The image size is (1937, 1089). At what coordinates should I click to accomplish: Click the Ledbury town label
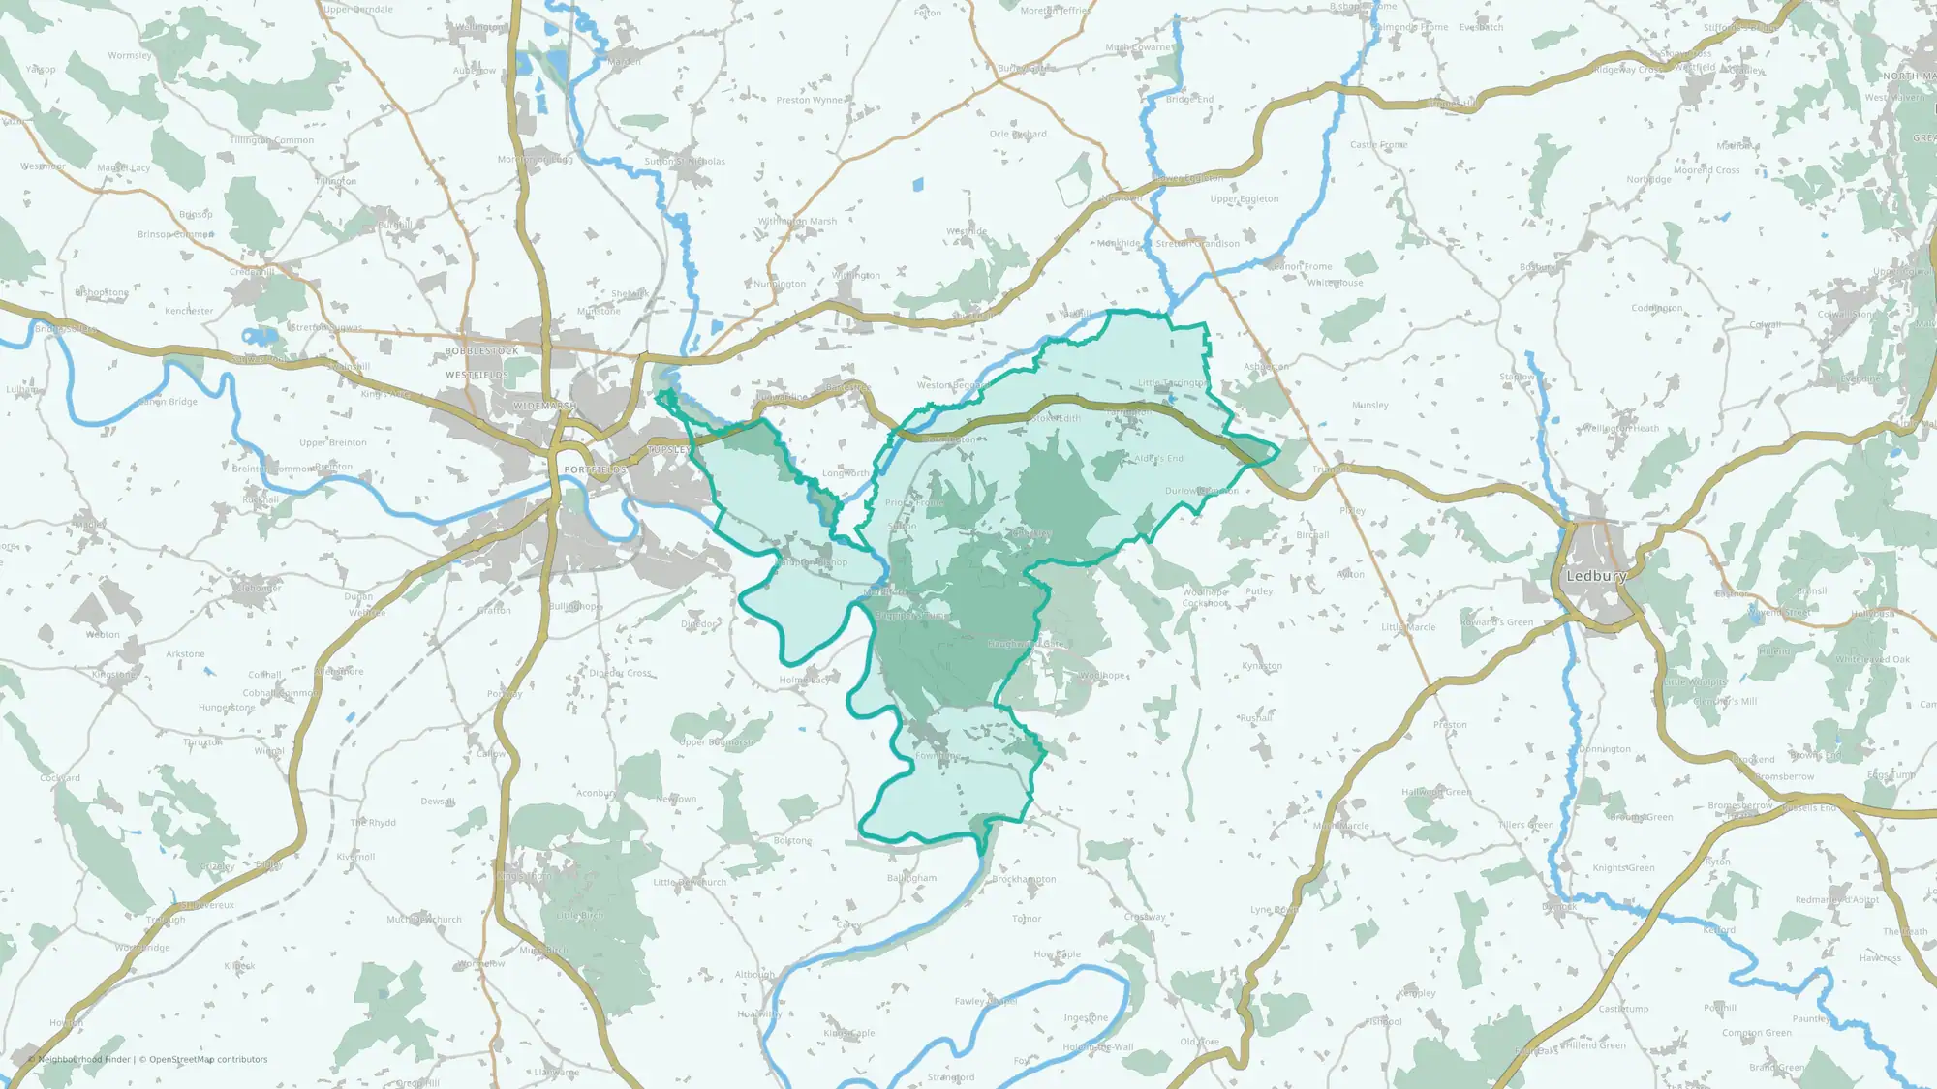point(1596,576)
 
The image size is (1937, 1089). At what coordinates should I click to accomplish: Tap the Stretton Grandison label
point(1197,244)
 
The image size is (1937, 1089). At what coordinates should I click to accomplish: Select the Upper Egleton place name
point(1245,199)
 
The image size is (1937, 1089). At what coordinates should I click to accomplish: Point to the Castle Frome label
point(1379,145)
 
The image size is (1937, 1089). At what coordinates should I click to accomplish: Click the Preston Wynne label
point(810,100)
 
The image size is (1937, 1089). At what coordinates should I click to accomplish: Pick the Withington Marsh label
point(797,222)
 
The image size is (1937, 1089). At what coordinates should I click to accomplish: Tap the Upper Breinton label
point(333,443)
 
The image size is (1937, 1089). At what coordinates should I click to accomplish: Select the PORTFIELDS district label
point(596,469)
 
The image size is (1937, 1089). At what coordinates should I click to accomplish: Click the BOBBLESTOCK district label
point(481,351)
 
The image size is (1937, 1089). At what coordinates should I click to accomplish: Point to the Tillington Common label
point(272,140)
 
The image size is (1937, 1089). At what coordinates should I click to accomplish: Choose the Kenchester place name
point(189,312)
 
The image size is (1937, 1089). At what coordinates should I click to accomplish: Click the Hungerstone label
point(227,708)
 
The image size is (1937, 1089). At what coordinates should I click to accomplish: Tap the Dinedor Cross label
point(621,673)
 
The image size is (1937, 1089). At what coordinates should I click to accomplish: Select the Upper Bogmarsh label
point(716,742)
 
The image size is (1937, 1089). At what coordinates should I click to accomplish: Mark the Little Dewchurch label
point(690,883)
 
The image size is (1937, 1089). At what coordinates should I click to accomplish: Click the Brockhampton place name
point(1024,880)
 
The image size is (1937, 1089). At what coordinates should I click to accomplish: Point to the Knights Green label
point(1624,868)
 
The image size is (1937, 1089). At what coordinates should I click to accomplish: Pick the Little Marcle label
point(1408,627)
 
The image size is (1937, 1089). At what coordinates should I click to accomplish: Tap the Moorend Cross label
point(1706,170)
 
